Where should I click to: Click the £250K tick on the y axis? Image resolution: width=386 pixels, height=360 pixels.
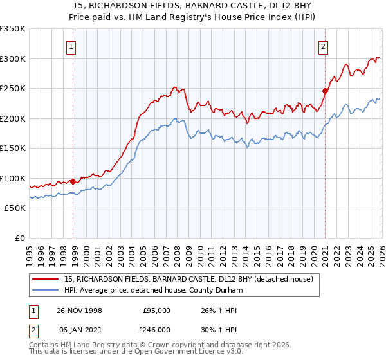click(x=13, y=89)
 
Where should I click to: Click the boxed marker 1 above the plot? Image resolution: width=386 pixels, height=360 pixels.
click(x=71, y=46)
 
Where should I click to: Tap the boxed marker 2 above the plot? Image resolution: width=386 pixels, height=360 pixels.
click(x=323, y=46)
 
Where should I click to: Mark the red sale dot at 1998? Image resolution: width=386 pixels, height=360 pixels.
click(x=73, y=181)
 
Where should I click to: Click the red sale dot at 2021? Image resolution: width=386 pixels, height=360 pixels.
click(x=325, y=91)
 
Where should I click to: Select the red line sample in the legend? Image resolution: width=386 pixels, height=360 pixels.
click(x=45, y=279)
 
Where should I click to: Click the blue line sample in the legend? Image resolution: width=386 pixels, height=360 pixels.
click(x=45, y=290)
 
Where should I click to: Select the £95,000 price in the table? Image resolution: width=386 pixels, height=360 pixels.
click(x=156, y=310)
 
